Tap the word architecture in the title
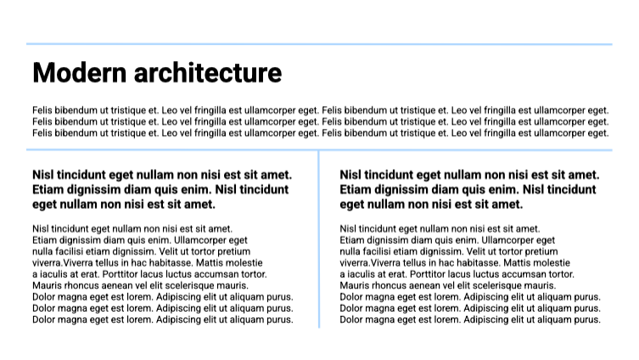tap(200, 73)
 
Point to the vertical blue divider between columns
tap(319, 238)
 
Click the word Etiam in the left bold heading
tap(49, 189)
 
